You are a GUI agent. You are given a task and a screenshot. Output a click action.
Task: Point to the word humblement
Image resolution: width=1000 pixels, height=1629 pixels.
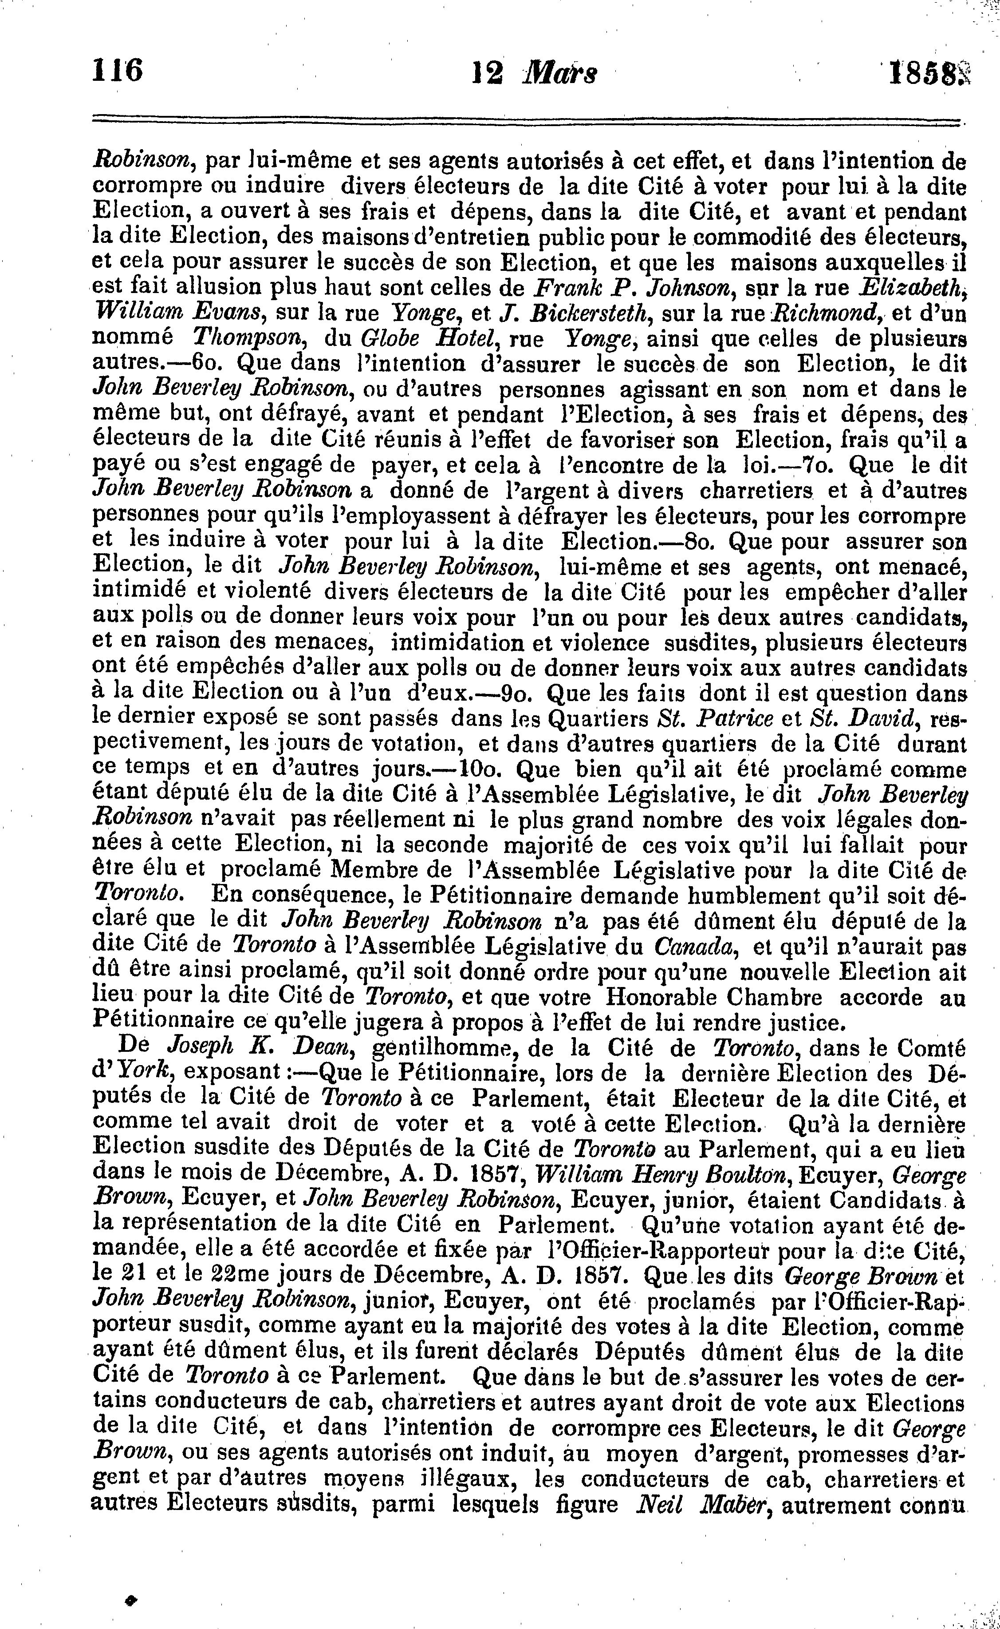[x=760, y=896]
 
